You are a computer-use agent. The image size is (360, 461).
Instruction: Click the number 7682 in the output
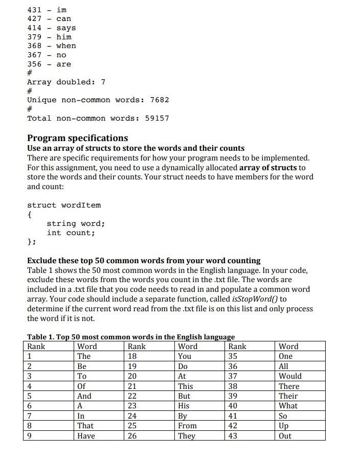coord(159,100)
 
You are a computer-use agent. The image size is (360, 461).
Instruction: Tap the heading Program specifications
coord(77,138)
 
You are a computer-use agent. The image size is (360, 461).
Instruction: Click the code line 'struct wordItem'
coord(64,205)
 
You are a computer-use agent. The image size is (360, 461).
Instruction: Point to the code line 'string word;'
coord(76,223)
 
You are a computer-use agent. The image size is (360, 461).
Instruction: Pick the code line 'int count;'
coord(71,233)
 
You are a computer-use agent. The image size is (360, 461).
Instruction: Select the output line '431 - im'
coord(47,10)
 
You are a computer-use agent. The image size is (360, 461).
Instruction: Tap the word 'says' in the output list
coord(66,28)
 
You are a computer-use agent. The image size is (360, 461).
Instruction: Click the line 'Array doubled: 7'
coord(66,82)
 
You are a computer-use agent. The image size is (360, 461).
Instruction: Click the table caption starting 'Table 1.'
coord(131,337)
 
